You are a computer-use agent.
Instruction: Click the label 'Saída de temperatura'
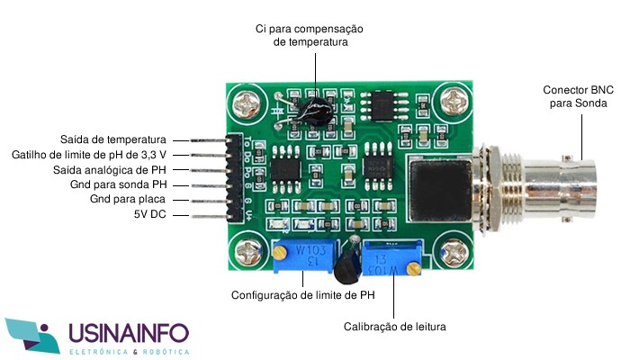(113, 139)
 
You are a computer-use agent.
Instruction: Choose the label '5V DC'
(149, 214)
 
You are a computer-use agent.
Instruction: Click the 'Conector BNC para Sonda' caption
(579, 97)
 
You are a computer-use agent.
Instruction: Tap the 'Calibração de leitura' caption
(394, 327)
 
